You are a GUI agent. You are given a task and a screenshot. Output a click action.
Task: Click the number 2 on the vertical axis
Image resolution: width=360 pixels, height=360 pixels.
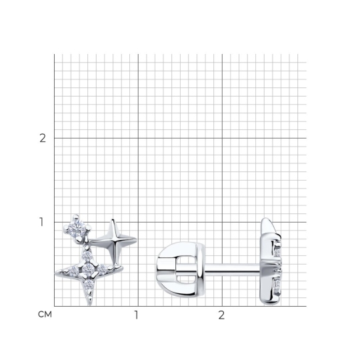coord(43,138)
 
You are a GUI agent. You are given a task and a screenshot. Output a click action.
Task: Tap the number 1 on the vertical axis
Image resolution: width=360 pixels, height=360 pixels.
coord(41,222)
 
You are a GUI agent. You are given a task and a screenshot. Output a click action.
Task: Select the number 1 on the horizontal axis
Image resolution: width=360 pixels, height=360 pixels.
coord(137,315)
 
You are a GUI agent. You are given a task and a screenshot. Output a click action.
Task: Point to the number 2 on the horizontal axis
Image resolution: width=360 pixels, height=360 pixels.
coord(221,315)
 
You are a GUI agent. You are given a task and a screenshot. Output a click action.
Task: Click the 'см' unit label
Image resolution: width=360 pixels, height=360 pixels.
coord(45,314)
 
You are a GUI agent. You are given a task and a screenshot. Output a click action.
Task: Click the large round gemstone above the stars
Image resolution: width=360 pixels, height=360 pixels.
coord(77,227)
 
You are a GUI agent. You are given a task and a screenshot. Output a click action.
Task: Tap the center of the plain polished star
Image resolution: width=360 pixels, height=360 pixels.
coord(114,241)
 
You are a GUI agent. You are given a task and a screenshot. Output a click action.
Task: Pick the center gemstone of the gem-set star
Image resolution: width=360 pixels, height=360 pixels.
coord(88,269)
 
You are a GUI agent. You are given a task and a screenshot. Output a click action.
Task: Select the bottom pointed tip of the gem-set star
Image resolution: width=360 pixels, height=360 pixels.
coord(90,305)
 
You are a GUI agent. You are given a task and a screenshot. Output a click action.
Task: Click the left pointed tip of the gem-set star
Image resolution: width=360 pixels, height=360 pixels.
coord(56,273)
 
